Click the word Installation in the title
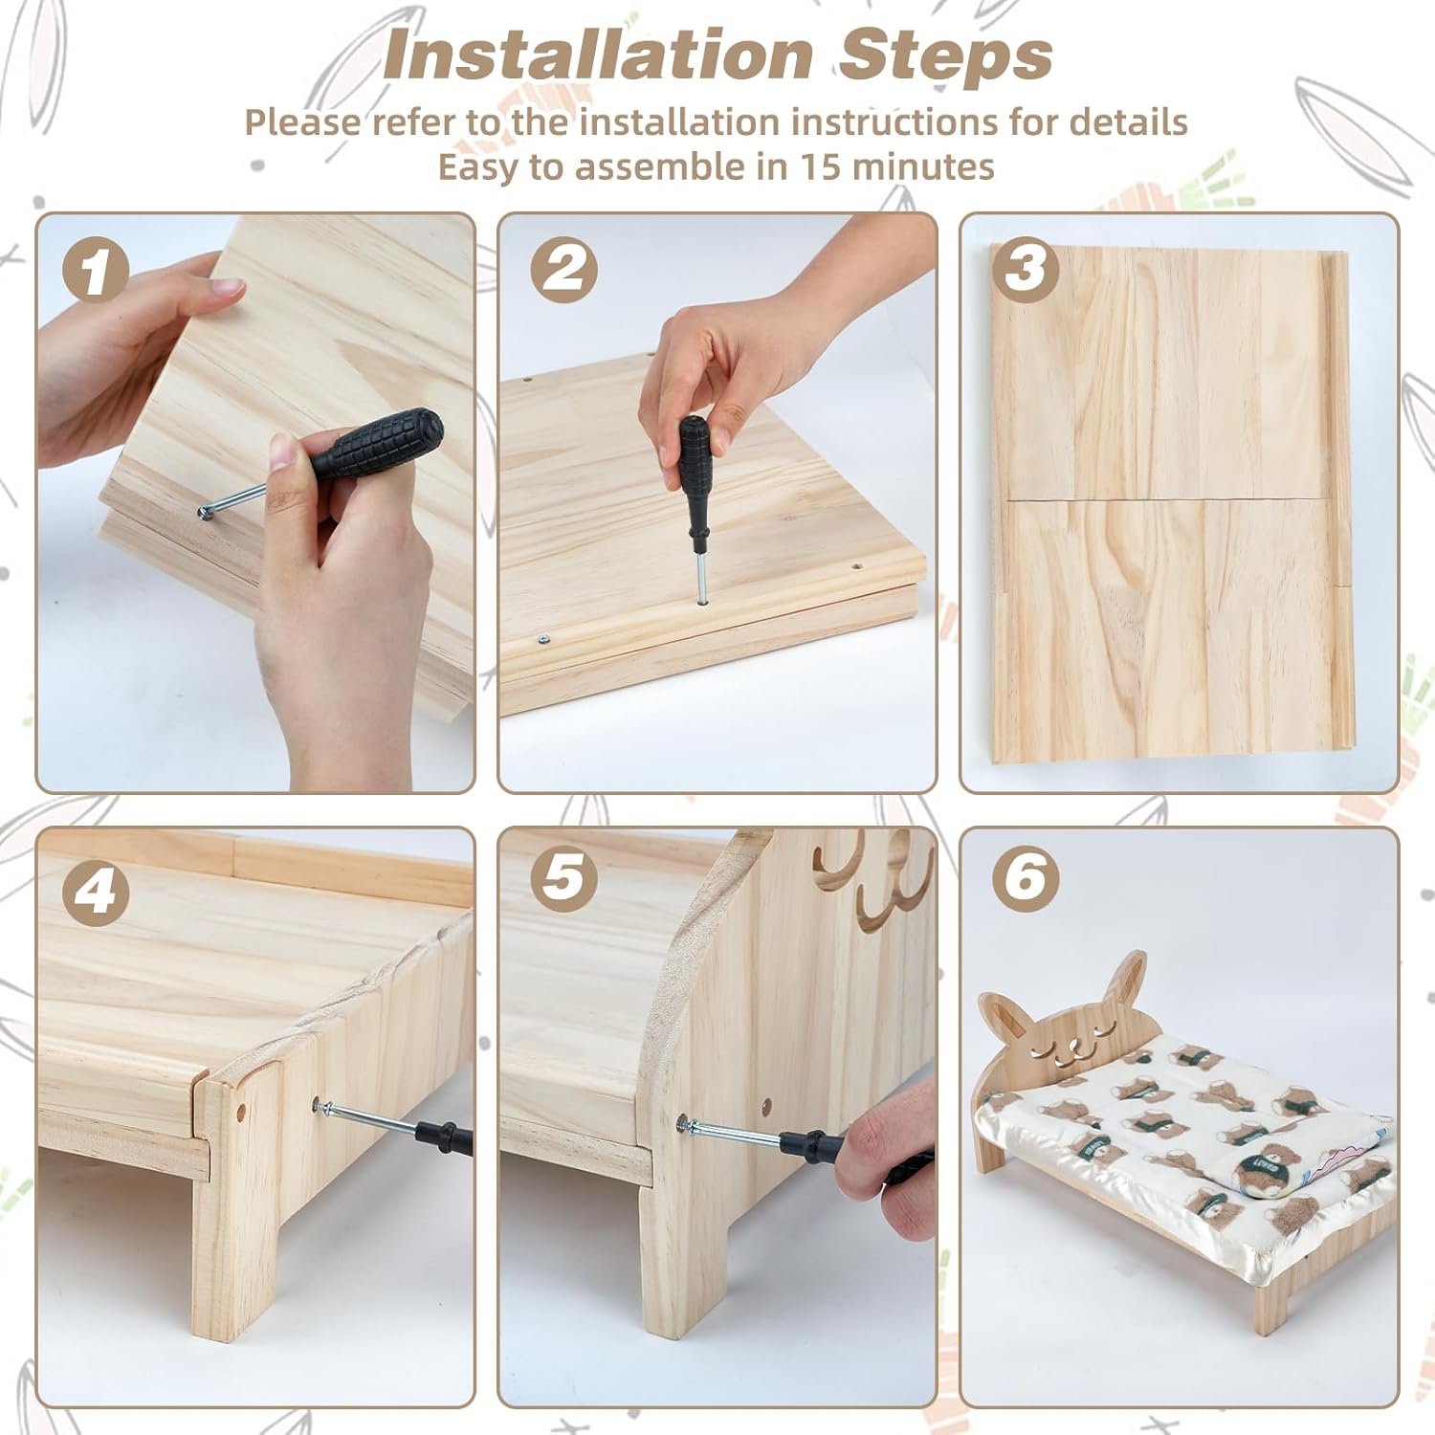coord(598,55)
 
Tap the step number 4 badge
coord(96,892)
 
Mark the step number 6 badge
coord(1026,876)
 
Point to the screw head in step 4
coord(319,1106)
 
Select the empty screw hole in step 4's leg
coord(239,1113)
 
